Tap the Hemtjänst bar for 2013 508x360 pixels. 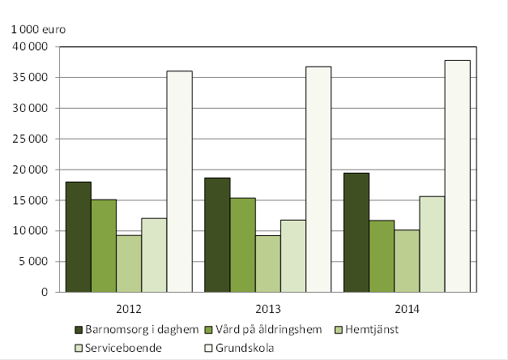(268, 264)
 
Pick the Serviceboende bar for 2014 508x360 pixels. (431, 244)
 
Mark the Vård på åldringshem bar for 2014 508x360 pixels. (382, 255)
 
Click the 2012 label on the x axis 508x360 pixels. (129, 307)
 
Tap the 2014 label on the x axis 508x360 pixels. (407, 307)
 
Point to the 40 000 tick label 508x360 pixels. (31, 46)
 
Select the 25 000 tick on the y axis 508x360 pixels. (31, 139)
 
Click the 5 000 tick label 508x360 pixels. (34, 261)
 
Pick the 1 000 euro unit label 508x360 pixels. (37, 29)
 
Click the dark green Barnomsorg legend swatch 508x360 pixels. (79, 329)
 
